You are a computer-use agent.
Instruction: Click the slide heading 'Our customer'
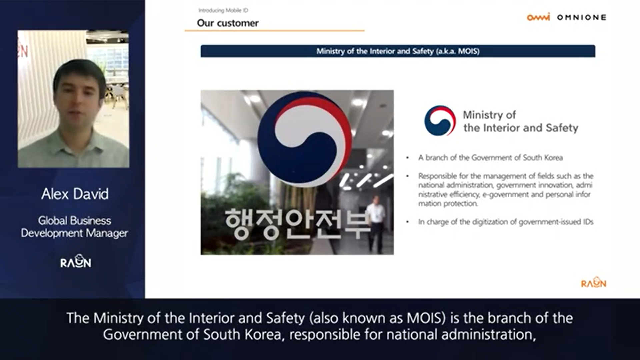[x=228, y=23]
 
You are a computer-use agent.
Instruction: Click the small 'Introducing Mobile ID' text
[x=223, y=10]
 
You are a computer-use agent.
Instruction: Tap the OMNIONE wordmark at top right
[x=582, y=17]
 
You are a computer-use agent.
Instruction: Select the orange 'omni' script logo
[x=538, y=17]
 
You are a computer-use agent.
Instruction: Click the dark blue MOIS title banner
[x=398, y=51]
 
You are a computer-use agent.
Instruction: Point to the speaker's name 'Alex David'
[x=75, y=194]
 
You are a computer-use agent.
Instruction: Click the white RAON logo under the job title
[x=76, y=261]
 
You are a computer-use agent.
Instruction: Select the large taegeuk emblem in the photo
[x=304, y=138]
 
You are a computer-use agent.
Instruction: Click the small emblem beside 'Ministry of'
[x=440, y=121]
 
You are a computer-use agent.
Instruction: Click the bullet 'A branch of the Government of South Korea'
[x=490, y=158]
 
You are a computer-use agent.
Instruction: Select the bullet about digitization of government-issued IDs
[x=506, y=222]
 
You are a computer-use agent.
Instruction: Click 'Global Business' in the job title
[x=75, y=221]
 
